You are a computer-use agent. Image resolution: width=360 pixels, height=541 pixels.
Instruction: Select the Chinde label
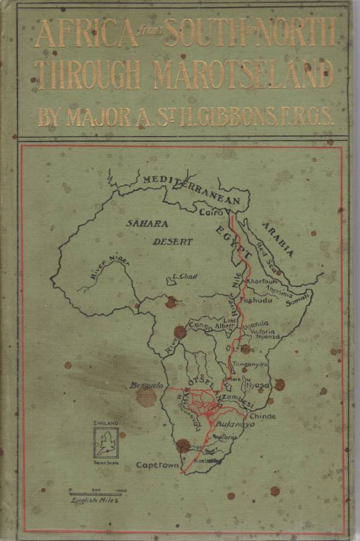click(262, 417)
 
